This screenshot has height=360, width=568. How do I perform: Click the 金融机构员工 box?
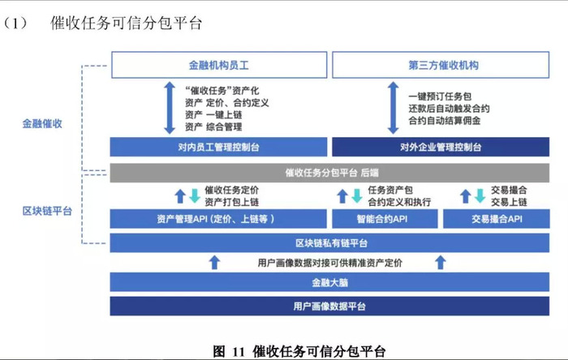click(x=219, y=65)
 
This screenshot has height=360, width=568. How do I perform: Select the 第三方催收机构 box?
click(x=441, y=65)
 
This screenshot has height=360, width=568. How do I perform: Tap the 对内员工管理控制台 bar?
click(x=218, y=147)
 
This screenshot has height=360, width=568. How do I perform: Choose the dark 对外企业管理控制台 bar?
click(x=441, y=147)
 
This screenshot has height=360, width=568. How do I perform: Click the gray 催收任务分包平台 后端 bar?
click(x=329, y=173)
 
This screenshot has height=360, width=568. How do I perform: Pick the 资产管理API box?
click(x=218, y=219)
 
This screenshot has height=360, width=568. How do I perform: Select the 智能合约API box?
click(x=385, y=219)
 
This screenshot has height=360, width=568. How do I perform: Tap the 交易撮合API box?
click(x=497, y=219)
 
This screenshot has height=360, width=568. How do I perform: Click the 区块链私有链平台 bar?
click(x=329, y=242)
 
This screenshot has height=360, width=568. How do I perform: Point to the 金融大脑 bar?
click(x=329, y=282)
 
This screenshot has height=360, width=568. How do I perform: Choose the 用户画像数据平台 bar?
click(x=329, y=306)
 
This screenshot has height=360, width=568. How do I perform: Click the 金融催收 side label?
click(x=42, y=124)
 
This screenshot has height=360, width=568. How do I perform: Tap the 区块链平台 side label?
click(x=47, y=211)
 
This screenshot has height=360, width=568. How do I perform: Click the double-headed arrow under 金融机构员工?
click(x=170, y=108)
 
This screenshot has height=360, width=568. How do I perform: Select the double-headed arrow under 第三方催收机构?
click(x=393, y=108)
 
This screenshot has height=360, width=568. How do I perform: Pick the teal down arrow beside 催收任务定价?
click(x=195, y=195)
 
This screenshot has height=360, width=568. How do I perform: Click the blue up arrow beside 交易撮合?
click(x=466, y=195)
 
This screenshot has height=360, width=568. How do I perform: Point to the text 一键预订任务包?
click(x=440, y=96)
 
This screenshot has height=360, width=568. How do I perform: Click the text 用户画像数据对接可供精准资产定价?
click(x=330, y=263)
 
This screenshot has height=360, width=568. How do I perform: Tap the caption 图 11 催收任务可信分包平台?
click(x=299, y=351)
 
